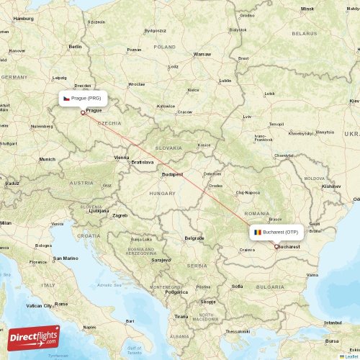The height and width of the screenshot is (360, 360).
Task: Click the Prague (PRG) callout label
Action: pyautogui.click(x=84, y=98)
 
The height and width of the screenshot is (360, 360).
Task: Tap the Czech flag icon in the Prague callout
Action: pyautogui.click(x=66, y=98)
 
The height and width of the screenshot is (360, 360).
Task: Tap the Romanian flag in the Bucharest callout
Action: pyautogui.click(x=257, y=233)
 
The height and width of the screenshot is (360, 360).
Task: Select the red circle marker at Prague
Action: pyautogui.click(x=83, y=112)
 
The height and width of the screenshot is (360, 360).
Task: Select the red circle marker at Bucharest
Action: pyautogui.click(x=276, y=246)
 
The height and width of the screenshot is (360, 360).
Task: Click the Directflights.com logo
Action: pyautogui.click(x=34, y=338)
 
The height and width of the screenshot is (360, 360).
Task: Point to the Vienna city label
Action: pyautogui.click(x=121, y=157)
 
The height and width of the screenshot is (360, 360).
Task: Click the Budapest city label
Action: pyautogui.click(x=172, y=174)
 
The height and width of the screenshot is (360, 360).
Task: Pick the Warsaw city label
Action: pyautogui.click(x=202, y=54)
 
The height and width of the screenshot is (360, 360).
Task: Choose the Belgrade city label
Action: pyautogui.click(x=194, y=238)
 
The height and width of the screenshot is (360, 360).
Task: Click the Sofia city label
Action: pyautogui.click(x=236, y=286)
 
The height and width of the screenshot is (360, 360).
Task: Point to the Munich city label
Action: pyautogui.click(x=48, y=159)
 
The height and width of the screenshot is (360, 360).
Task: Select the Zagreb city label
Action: pyautogui.click(x=120, y=215)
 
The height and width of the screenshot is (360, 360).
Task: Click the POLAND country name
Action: pyautogui.click(x=164, y=46)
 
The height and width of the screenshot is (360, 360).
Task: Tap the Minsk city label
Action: pyautogui.click(x=307, y=9)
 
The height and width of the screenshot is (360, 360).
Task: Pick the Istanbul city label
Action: pyautogui.click(x=333, y=323)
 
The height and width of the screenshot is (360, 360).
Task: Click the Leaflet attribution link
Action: pyautogui.click(x=351, y=356)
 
